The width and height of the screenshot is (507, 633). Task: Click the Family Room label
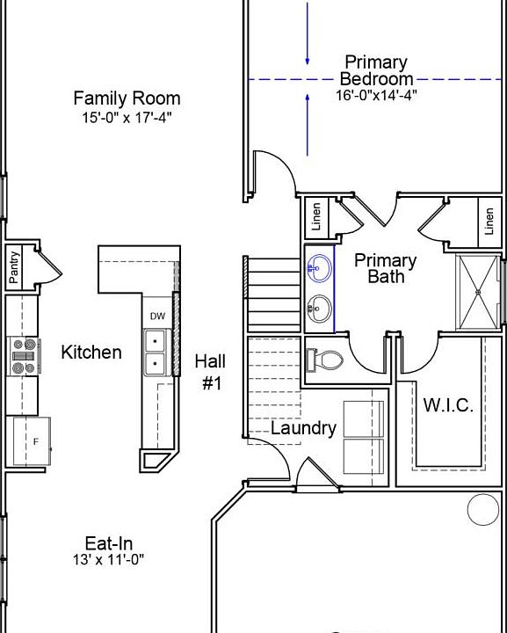(127, 98)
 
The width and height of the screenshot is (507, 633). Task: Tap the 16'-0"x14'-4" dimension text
(375, 95)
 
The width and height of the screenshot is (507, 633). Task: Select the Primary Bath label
(386, 268)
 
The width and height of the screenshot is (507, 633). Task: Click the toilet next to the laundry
(327, 360)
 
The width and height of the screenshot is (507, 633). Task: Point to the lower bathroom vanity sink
(321, 308)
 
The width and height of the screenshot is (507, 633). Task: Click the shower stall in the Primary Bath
(479, 290)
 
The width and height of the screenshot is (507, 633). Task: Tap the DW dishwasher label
(157, 316)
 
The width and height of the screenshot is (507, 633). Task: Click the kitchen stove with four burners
(24, 354)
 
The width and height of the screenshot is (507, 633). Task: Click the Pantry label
(14, 267)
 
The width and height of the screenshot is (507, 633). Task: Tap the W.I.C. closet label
(448, 405)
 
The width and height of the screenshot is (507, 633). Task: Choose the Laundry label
(303, 428)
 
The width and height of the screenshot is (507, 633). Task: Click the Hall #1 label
(210, 372)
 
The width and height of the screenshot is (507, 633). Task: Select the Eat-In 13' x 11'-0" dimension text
(108, 558)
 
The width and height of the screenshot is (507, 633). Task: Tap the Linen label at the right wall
(489, 222)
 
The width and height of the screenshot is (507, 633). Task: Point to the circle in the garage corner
(482, 509)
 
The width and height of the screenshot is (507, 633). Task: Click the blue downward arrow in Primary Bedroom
(308, 35)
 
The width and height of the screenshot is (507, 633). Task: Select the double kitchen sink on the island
(155, 352)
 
